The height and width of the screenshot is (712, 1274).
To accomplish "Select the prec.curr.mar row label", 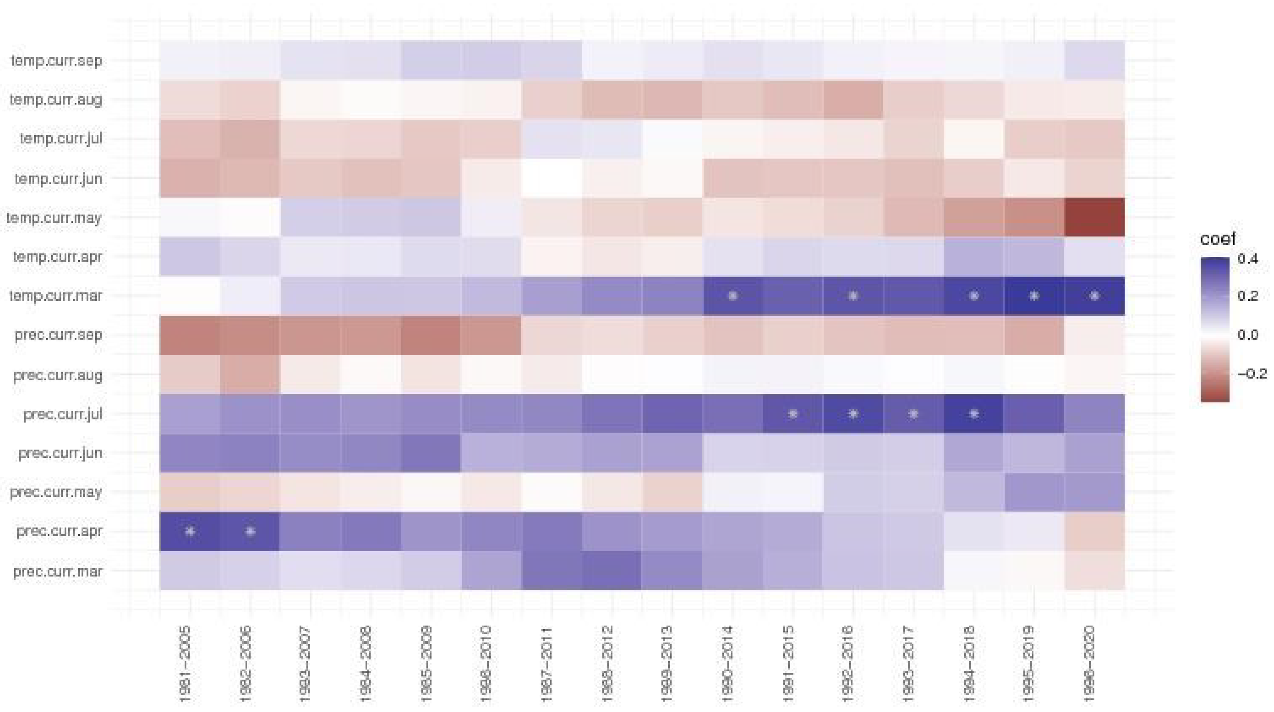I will tap(58, 572).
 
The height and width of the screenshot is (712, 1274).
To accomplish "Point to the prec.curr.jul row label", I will tap(63, 414).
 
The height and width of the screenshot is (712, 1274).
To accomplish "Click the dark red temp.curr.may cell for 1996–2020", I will tap(1095, 217).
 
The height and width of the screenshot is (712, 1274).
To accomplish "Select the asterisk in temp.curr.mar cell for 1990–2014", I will tap(733, 296).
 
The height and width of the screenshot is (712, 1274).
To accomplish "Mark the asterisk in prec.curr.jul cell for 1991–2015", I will tap(793, 414).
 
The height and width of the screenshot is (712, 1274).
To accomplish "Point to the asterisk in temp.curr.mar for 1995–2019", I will tap(1034, 296).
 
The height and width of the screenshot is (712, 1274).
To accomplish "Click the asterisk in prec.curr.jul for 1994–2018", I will tap(974, 414).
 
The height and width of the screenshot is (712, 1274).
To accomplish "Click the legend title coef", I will tap(1218, 239).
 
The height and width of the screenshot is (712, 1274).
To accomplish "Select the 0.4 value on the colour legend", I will tap(1248, 259).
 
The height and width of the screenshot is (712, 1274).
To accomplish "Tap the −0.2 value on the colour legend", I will tap(1252, 373).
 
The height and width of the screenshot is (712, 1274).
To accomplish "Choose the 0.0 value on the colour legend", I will tap(1248, 335).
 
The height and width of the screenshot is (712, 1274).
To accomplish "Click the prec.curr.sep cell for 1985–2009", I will tap(431, 335).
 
